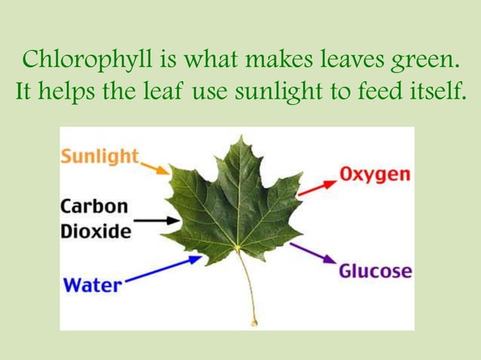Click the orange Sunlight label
pyautogui.click(x=100, y=157)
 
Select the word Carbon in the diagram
pyautogui.click(x=94, y=206)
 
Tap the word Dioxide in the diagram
pyautogui.click(x=96, y=230)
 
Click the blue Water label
pyautogui.click(x=91, y=285)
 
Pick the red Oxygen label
pyautogui.click(x=375, y=175)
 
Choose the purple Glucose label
pyautogui.click(x=375, y=270)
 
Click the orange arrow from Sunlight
pyautogui.click(x=155, y=166)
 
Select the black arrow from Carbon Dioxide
pyautogui.click(x=159, y=221)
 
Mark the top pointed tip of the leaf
pyautogui.click(x=239, y=138)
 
